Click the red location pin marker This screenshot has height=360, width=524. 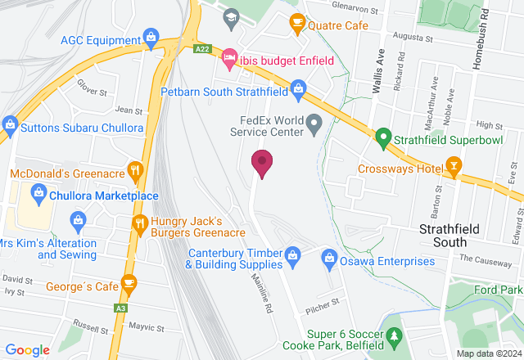[x=262, y=163]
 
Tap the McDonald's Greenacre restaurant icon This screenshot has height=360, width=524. [x=136, y=170]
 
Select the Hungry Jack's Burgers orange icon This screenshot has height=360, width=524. [x=140, y=222]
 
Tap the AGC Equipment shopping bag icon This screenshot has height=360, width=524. [x=150, y=37]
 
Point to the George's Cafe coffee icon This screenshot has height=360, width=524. [x=129, y=283]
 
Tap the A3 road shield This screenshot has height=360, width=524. [x=121, y=308]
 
